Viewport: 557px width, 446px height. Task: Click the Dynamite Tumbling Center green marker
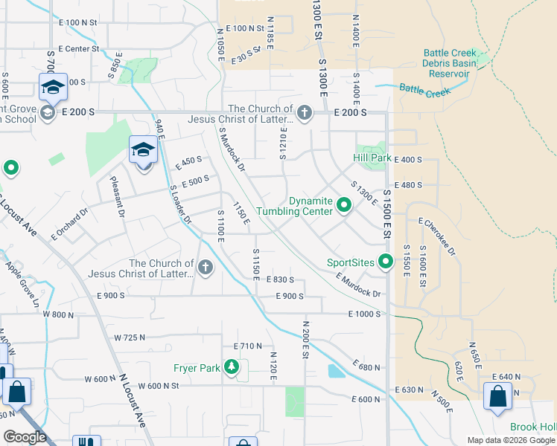(344, 204)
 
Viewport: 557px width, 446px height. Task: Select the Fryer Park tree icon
(232, 367)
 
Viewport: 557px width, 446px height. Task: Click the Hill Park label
(372, 158)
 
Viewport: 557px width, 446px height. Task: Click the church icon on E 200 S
(304, 113)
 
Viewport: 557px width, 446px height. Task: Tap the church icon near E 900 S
(205, 268)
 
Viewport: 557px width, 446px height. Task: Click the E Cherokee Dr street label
(436, 237)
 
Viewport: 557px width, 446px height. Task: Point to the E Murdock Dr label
(358, 286)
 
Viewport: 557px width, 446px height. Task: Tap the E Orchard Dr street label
(70, 223)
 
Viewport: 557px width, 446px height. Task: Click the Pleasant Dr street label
(120, 197)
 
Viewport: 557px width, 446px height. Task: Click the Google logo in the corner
(25, 437)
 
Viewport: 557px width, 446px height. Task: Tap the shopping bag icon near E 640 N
(497, 397)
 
